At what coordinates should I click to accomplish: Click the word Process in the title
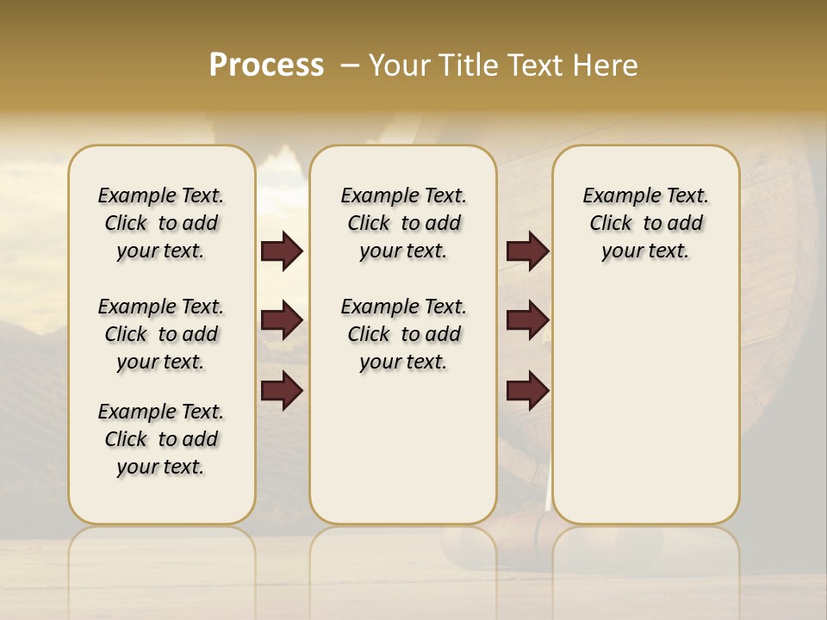click(266, 65)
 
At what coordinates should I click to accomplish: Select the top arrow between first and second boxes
click(282, 251)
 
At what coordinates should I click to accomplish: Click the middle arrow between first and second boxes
click(282, 321)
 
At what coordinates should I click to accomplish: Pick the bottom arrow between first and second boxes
click(282, 391)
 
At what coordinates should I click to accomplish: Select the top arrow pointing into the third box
click(527, 251)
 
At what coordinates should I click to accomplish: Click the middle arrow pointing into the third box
click(527, 321)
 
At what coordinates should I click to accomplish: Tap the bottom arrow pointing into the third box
click(527, 391)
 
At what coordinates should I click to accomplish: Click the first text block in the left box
click(161, 223)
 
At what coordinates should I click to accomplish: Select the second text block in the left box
click(161, 334)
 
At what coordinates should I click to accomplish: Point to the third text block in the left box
click(161, 439)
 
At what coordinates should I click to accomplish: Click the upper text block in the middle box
click(403, 223)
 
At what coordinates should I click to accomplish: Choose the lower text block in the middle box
click(403, 334)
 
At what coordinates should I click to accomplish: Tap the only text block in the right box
click(645, 223)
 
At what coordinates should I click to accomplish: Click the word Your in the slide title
click(401, 65)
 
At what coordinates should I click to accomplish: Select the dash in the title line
click(350, 65)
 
